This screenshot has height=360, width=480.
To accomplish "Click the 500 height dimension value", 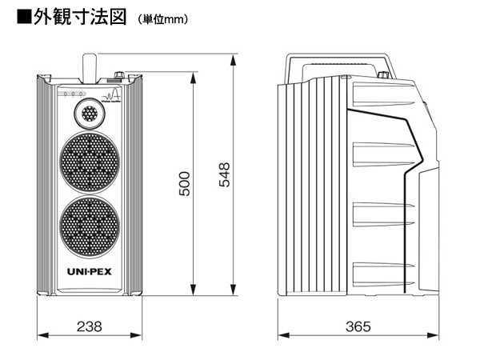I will pos(184,185).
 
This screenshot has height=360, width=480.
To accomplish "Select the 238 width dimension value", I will pos(89,327).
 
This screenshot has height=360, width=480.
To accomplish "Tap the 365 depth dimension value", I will pos(359,327).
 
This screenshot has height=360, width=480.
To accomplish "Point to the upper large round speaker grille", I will pos(89,159).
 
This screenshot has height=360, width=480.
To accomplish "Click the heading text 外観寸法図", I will pos(79,18).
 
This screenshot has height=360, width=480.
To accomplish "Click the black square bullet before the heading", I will pos(23,18).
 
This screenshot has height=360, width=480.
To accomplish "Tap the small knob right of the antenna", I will pos(120,76).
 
